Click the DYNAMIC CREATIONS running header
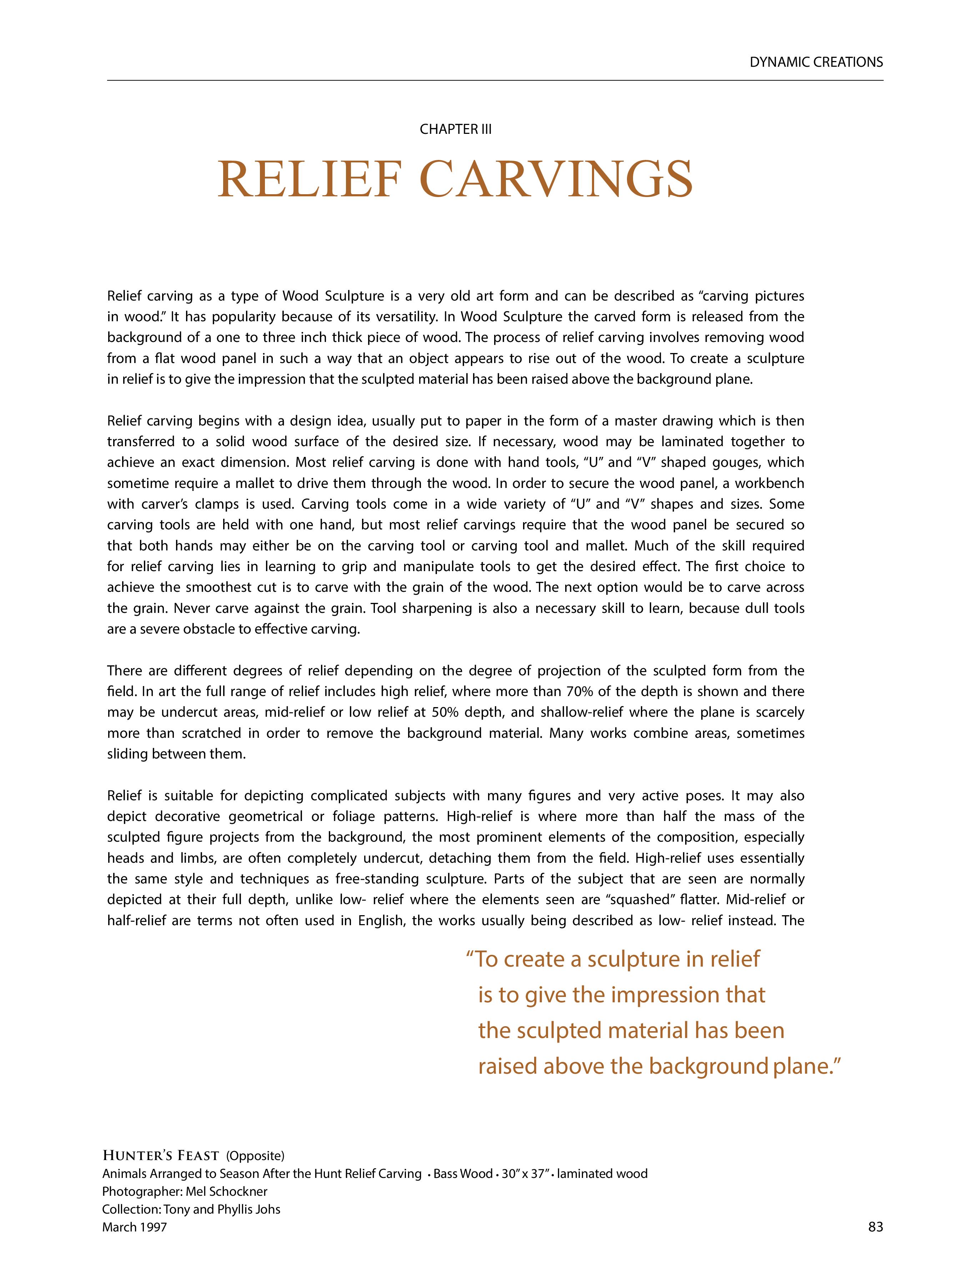pos(816,62)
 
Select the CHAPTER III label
pos(456,130)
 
